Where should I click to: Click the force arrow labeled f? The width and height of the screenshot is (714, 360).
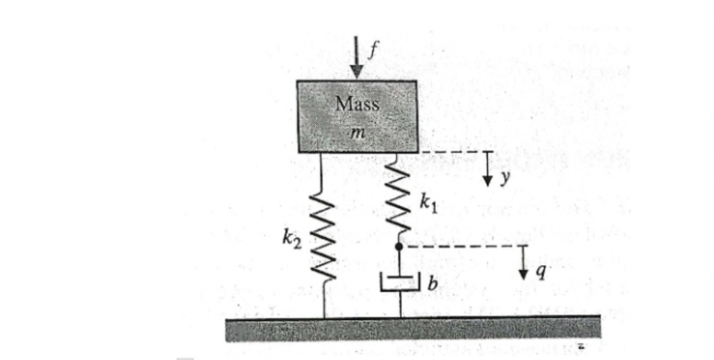click(357, 57)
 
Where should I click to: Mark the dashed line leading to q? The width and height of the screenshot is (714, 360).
click(464, 246)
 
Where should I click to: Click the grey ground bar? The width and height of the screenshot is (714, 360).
click(414, 329)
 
